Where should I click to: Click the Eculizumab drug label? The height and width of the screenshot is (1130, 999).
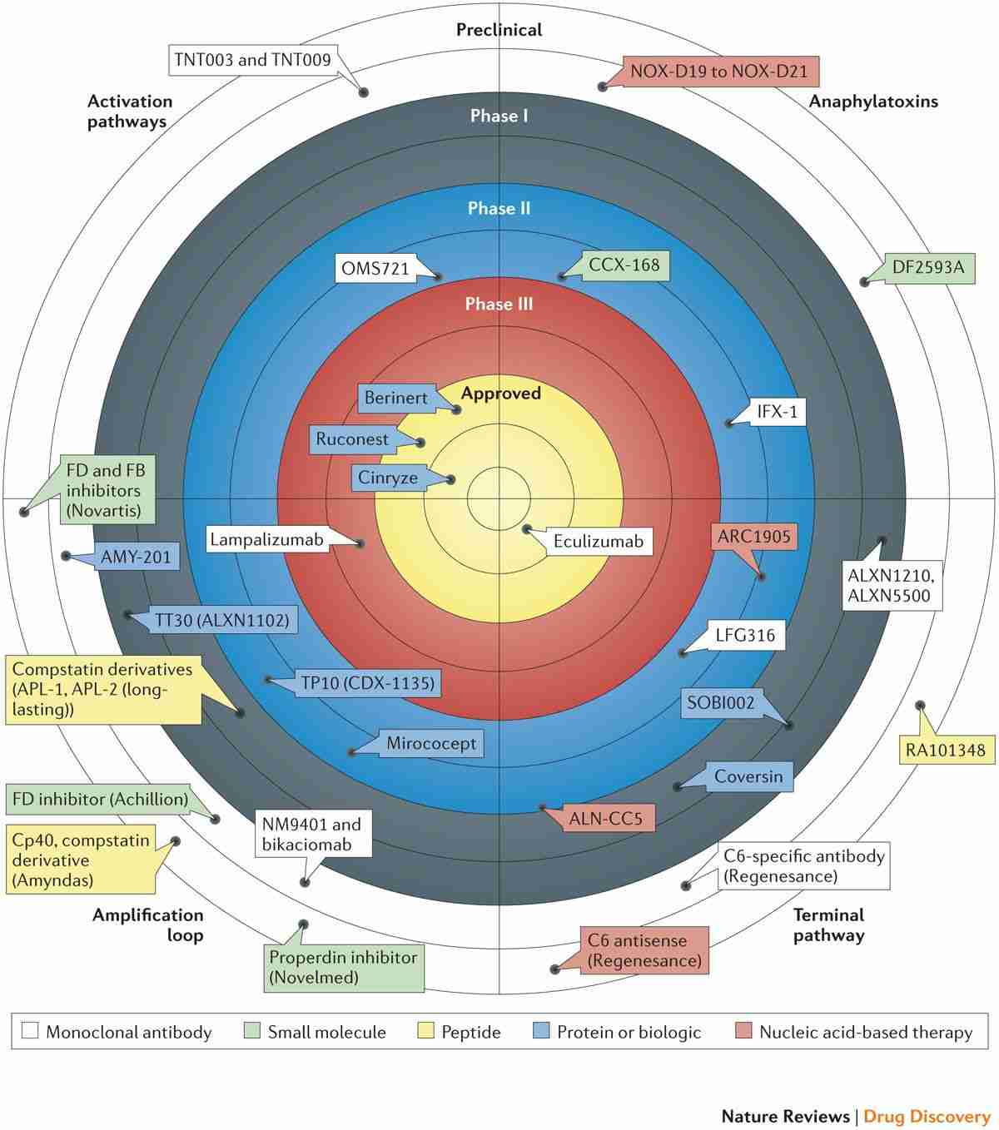(599, 541)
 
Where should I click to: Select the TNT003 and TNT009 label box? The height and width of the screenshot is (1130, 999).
(252, 60)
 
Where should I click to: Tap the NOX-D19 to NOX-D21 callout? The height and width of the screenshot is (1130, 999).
(719, 71)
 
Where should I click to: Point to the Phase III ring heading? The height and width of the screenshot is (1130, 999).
(499, 304)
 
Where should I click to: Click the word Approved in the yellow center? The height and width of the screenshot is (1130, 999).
(501, 394)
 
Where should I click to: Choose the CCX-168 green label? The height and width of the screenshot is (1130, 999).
(624, 265)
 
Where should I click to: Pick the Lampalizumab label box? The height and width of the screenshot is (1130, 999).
(266, 539)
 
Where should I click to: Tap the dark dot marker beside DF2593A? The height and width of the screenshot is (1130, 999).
(864, 283)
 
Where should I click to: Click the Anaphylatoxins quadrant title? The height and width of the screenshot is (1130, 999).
(873, 102)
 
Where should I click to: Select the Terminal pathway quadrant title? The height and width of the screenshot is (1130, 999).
(828, 924)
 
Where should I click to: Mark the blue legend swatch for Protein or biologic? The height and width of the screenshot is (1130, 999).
(541, 1032)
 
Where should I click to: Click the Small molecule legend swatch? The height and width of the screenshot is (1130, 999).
(252, 1032)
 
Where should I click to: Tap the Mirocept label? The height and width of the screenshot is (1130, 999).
(431, 743)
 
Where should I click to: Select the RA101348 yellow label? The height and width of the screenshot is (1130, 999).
(945, 751)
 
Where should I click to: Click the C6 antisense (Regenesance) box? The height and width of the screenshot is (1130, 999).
(644, 950)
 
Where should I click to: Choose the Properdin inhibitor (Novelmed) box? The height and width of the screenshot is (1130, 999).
(343, 967)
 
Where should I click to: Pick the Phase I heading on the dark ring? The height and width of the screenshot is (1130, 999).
(499, 116)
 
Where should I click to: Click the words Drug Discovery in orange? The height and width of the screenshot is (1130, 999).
(927, 1116)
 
